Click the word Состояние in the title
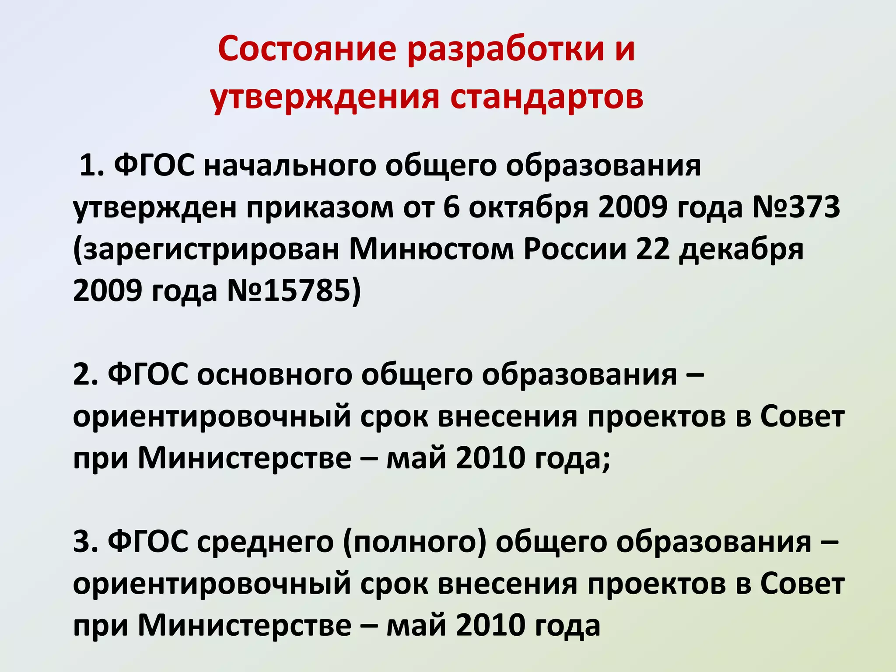coord(307,49)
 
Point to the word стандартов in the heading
coord(547,97)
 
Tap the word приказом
coord(320,207)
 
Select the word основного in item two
coord(274,375)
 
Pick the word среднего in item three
coord(265,543)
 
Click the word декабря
coord(741,249)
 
